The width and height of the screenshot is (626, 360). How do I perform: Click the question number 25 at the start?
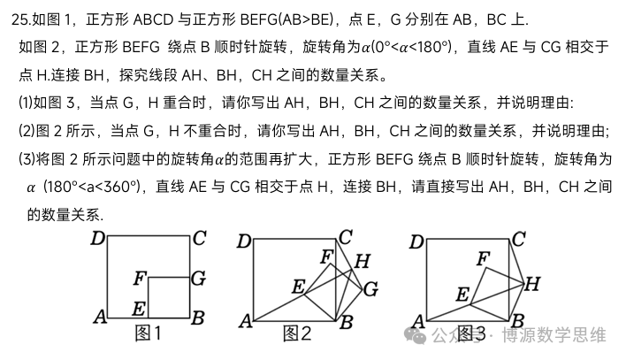pos(20,19)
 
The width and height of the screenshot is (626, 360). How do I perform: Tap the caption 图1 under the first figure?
pos(149,333)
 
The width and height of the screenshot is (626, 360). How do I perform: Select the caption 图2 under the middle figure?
pos(297,333)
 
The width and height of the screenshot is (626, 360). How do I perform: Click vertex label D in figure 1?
pos(98,239)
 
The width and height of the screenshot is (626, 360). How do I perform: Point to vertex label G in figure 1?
pos(198,278)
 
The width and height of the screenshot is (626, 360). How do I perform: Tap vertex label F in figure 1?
pos(140,278)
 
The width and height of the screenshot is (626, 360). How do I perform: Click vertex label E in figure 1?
pos(139,309)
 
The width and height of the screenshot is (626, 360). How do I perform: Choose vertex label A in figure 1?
pos(100,318)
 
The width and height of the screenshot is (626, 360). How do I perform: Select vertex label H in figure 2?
pos(363,261)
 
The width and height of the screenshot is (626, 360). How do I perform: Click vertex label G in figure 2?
pos(370,289)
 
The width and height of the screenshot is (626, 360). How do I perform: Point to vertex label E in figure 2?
pos(299,287)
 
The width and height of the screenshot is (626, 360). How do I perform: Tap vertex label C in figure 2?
pos(346,237)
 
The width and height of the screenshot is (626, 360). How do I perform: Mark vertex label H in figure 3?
pos(532,284)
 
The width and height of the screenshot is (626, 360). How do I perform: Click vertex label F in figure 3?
pos(484,258)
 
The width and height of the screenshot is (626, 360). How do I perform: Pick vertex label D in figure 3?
pos(416,241)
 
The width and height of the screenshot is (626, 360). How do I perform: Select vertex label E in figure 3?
pos(462,295)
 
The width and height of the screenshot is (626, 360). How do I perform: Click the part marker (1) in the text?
pos(26,103)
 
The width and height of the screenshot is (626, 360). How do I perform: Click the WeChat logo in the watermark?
pos(416,335)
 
